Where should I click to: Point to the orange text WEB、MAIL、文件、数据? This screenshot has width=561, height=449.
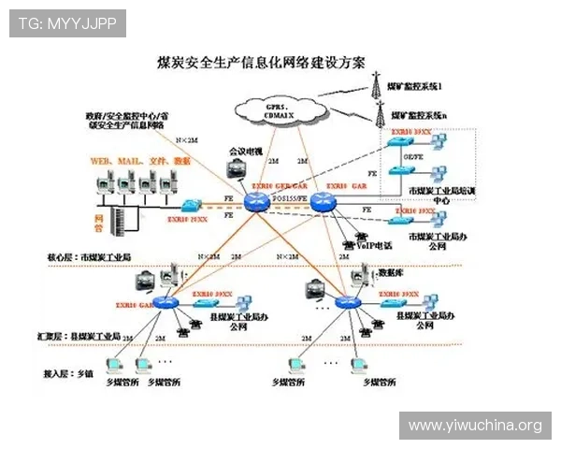(139, 161)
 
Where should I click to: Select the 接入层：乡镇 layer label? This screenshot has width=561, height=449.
(69, 373)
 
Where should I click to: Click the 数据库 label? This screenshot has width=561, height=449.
(390, 273)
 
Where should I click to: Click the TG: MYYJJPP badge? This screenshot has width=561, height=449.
(67, 22)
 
